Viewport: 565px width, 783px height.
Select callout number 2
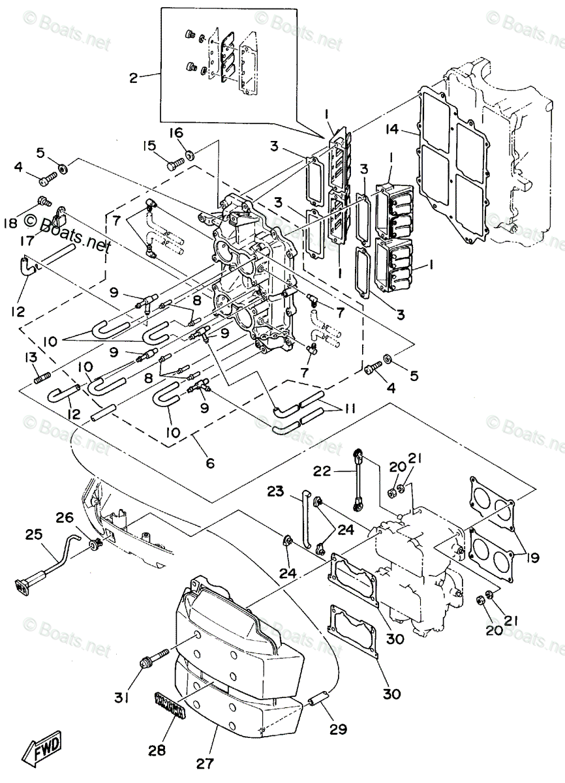pos(133,78)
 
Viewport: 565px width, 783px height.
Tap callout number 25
pos(33,533)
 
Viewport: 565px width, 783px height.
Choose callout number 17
pos(27,241)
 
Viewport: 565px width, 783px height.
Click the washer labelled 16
pos(189,155)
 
